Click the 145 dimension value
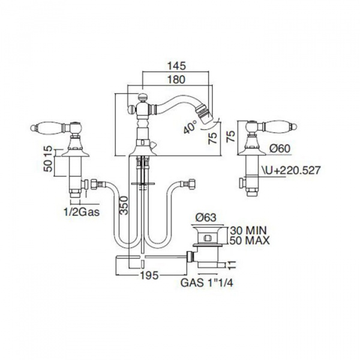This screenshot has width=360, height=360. (176, 66)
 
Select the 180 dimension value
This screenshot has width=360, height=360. (176, 80)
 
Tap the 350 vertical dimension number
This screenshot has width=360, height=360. (124, 205)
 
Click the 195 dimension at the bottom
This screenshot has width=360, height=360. (149, 275)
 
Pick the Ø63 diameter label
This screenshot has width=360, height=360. (206, 218)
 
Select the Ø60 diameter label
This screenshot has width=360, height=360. (280, 149)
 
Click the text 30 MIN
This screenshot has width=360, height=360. (248, 230)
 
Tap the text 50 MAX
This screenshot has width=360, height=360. (250, 241)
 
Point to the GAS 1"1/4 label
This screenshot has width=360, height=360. (207, 283)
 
